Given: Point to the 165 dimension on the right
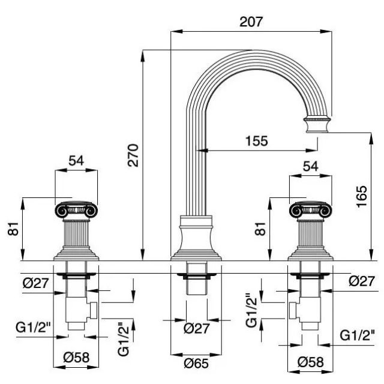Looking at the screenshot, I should click(x=361, y=196).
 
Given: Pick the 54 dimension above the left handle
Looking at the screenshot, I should click(x=76, y=160).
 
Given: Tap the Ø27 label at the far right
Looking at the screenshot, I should click(x=362, y=280).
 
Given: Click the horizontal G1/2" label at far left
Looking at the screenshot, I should click(x=32, y=328).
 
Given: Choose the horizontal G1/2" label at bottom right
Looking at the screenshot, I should click(x=358, y=334).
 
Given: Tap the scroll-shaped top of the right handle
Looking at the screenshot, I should click(x=310, y=211).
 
